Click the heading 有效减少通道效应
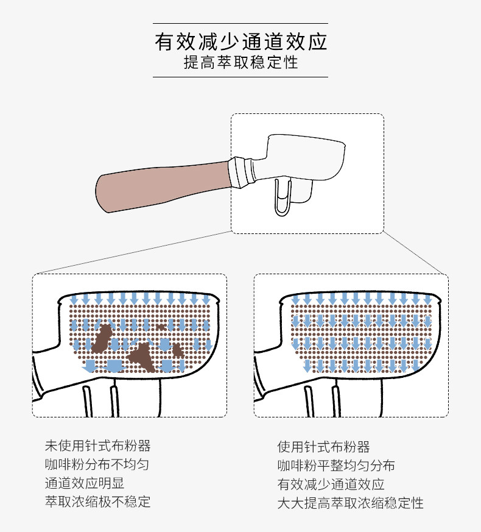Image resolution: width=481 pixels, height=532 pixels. point(240,41)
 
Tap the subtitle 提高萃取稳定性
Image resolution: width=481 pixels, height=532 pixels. point(240,63)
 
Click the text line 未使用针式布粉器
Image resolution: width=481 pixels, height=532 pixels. point(97,445)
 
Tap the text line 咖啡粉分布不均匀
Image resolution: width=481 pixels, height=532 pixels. point(97,464)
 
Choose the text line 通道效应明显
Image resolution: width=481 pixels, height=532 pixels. point(85,483)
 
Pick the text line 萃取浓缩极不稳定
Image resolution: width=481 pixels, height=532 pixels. point(97,502)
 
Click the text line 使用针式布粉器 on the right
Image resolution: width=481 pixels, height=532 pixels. point(323,447)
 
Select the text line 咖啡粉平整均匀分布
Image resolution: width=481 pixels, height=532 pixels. point(336,466)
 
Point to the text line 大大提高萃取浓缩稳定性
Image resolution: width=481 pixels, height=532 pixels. point(350,503)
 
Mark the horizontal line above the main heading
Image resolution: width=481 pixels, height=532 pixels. point(240,23)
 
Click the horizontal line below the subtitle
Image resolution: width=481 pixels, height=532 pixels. point(240,77)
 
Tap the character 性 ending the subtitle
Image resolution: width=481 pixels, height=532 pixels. point(291,63)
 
